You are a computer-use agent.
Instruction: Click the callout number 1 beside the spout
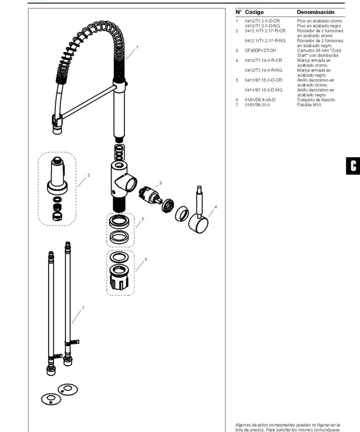[137, 48]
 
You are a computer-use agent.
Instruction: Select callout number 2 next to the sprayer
[89, 175]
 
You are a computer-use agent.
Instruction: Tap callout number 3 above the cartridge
[161, 183]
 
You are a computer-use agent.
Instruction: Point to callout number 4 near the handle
[215, 207]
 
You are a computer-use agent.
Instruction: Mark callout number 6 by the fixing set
[146, 260]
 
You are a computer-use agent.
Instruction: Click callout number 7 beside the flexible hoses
[83, 308]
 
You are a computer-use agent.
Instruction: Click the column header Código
[255, 12]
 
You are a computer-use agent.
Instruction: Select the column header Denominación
[315, 12]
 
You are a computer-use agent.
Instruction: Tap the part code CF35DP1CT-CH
[260, 50]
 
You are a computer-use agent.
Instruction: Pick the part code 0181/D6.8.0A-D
[260, 99]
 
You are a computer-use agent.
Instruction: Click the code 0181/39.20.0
[257, 104]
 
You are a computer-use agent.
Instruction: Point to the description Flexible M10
[309, 104]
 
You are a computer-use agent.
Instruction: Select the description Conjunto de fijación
[316, 99]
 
